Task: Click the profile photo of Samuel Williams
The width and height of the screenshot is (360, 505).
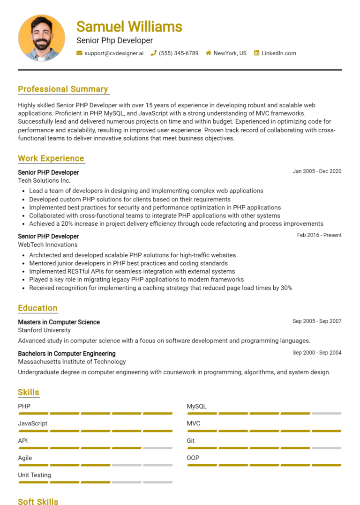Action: [x=42, y=37]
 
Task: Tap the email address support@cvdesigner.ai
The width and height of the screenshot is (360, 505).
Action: [x=114, y=53]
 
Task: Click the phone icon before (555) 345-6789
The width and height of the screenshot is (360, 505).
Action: [x=153, y=53]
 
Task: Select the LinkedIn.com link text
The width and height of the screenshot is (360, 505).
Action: [x=278, y=53]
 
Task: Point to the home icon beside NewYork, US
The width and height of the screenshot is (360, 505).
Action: [x=209, y=53]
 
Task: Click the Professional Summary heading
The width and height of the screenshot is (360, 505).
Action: [x=63, y=89]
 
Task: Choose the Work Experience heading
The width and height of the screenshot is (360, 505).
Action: [x=51, y=158]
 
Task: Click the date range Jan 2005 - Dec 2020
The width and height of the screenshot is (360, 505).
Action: [x=317, y=171]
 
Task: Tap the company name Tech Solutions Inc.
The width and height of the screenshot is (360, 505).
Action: [x=44, y=180]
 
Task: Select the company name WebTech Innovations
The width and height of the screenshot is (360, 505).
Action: [x=48, y=245]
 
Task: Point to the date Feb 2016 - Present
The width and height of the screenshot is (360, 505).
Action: [x=319, y=235]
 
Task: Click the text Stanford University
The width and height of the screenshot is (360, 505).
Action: [x=44, y=330]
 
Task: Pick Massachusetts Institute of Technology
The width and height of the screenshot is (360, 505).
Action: [x=72, y=362]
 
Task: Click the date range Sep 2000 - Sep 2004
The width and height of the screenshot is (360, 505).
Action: [x=317, y=353]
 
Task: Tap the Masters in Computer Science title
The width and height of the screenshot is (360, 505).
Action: [x=59, y=322]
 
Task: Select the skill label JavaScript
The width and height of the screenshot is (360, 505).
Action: [x=32, y=423]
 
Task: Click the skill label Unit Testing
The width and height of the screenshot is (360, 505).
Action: [x=34, y=475]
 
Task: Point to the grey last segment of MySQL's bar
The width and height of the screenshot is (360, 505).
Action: [x=326, y=414]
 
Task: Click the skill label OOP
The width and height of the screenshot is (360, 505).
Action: [x=193, y=458]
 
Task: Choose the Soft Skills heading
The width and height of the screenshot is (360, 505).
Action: [x=38, y=502]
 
